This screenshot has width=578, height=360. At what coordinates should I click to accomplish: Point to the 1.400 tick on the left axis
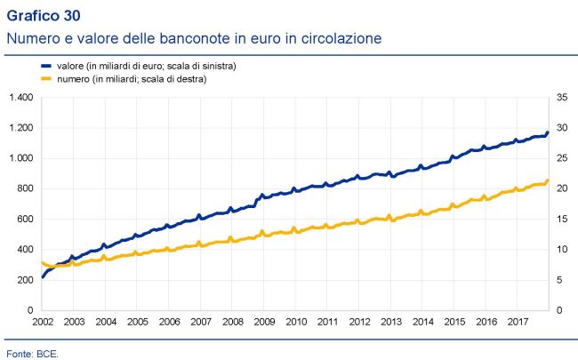(20, 97)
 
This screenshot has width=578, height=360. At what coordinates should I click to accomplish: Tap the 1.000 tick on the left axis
(20, 158)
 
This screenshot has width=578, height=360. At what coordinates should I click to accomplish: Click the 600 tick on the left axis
(24, 219)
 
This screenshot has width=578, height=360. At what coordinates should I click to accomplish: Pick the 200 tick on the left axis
(24, 279)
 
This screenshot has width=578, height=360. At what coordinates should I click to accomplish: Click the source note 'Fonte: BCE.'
(31, 353)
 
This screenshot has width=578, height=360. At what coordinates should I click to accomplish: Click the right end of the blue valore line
(547, 132)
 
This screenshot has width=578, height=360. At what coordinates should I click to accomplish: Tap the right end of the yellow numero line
(547, 181)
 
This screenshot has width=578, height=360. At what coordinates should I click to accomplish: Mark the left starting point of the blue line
(42, 277)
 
